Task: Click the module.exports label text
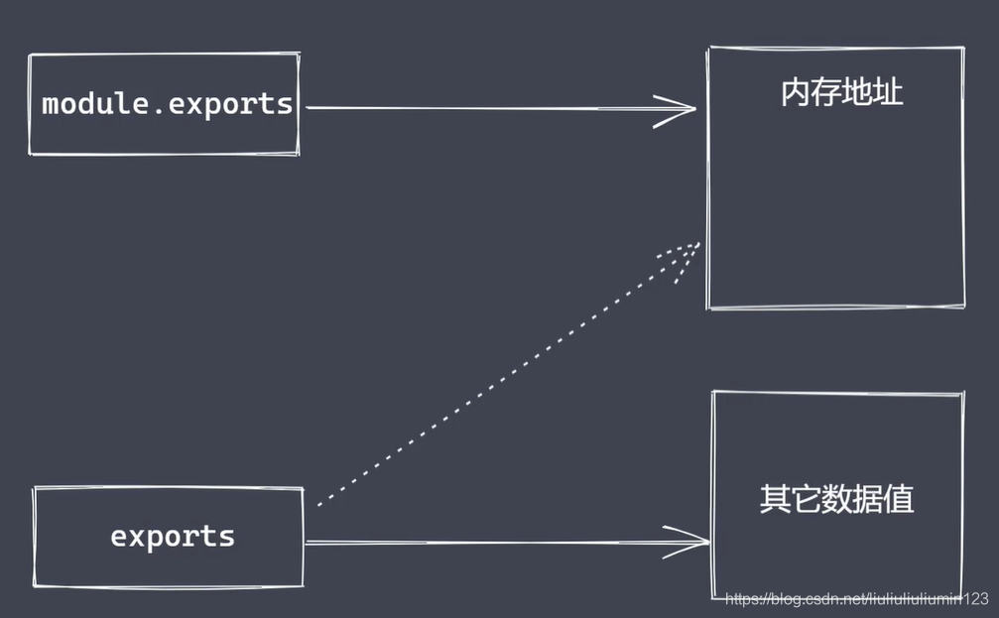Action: click(x=168, y=104)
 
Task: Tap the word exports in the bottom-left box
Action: click(x=173, y=537)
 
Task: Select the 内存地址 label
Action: click(x=841, y=94)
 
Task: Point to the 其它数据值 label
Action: click(x=836, y=499)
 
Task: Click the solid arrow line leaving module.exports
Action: click(x=476, y=107)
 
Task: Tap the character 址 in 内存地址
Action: click(x=888, y=94)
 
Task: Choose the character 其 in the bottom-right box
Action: click(x=775, y=499)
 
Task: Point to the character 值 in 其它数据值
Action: click(x=898, y=499)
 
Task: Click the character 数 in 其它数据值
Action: click(x=836, y=499)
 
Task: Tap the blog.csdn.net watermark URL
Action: click(x=857, y=599)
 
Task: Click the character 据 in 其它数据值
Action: click(x=867, y=499)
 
